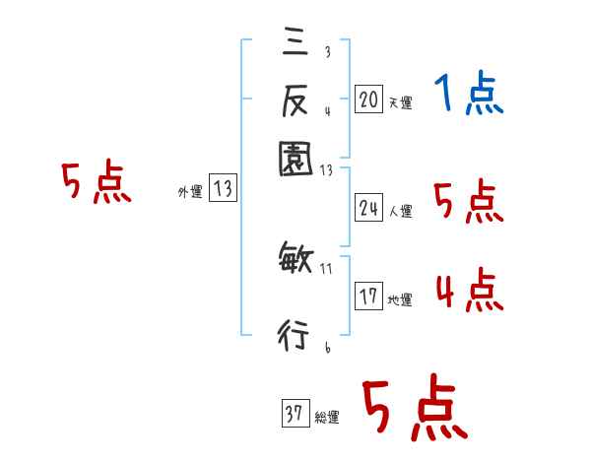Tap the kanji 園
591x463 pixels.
pyautogui.click(x=295, y=158)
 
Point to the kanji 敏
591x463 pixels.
pyautogui.click(x=295, y=260)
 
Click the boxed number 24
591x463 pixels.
pyautogui.click(x=369, y=207)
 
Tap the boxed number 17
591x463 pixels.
pyautogui.click(x=369, y=297)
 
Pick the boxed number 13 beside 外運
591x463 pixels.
pyautogui.click(x=224, y=189)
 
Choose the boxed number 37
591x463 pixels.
pyautogui.click(x=295, y=414)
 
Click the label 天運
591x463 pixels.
pyautogui.click(x=400, y=102)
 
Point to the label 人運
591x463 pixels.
pyautogui.click(x=401, y=211)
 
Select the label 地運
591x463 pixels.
pyautogui.click(x=400, y=300)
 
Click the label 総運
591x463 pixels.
pyautogui.click(x=326, y=418)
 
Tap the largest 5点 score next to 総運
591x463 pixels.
pyautogui.click(x=414, y=410)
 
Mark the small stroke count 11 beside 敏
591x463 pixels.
pyautogui.click(x=327, y=267)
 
